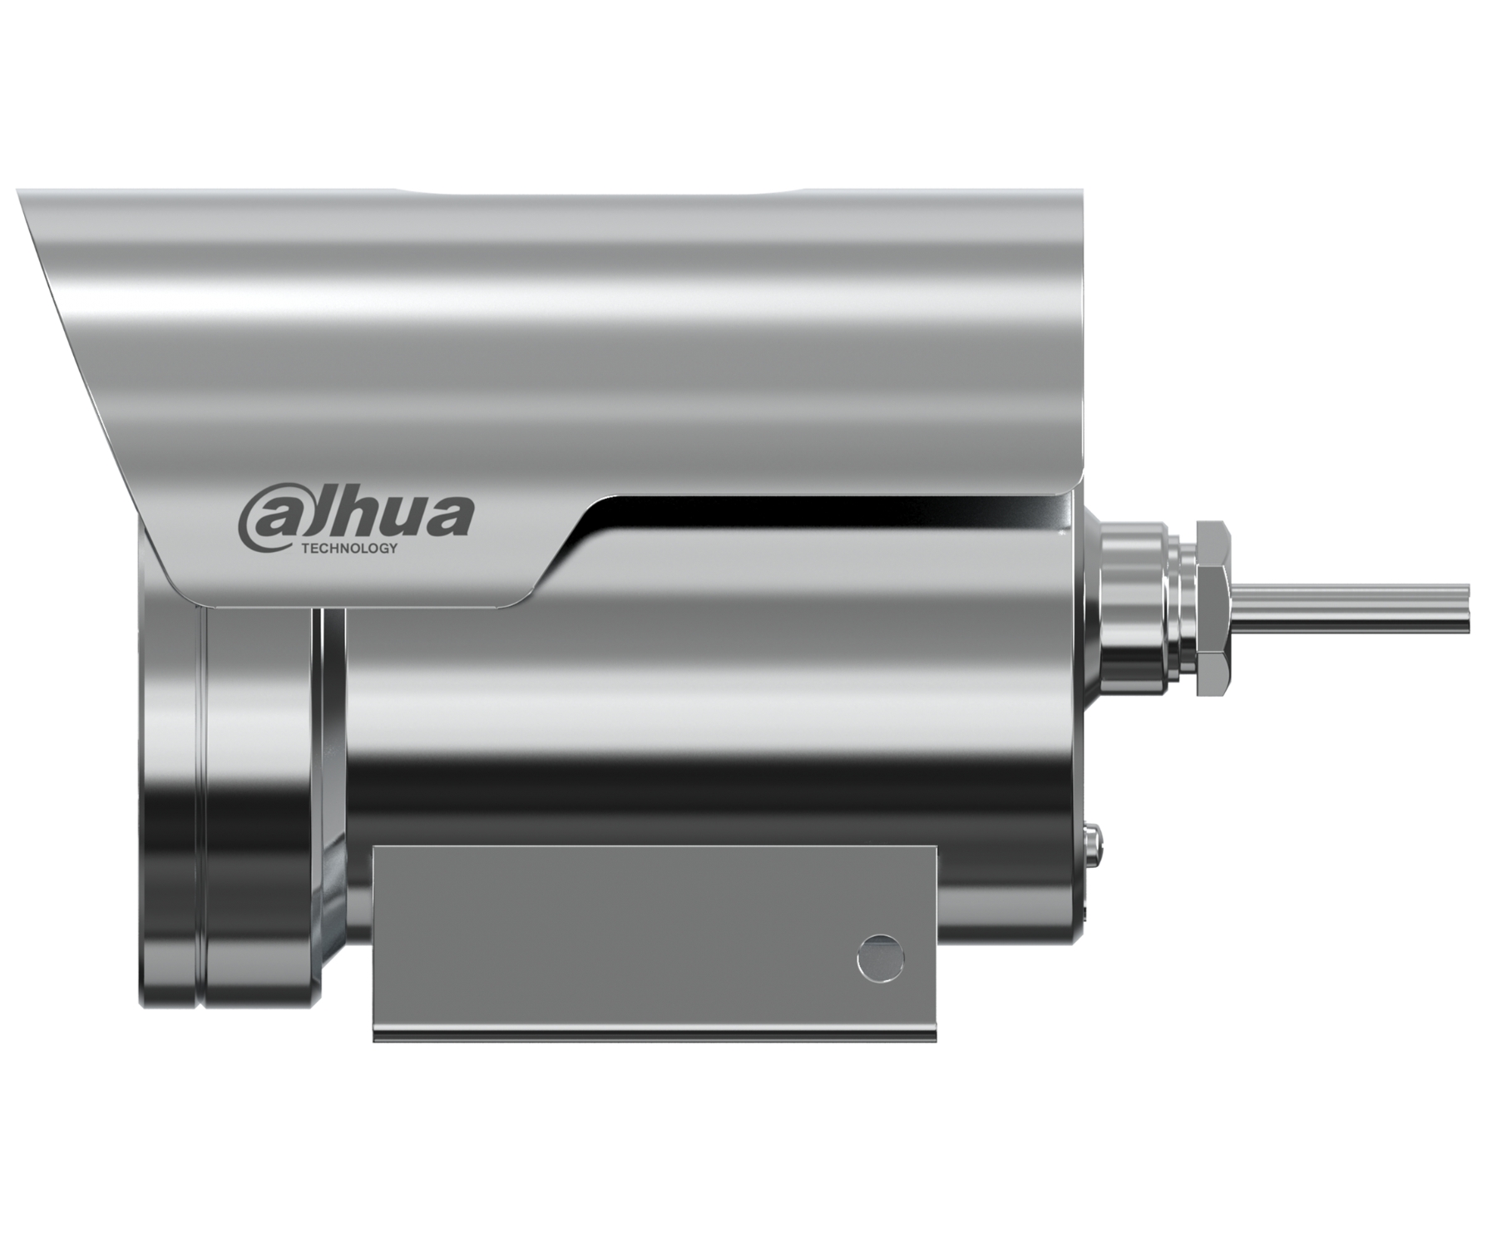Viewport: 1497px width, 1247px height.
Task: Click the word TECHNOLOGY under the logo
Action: [x=348, y=549]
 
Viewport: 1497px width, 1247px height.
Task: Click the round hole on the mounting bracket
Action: [x=881, y=959]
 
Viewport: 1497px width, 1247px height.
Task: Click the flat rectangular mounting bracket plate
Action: [x=655, y=942]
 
